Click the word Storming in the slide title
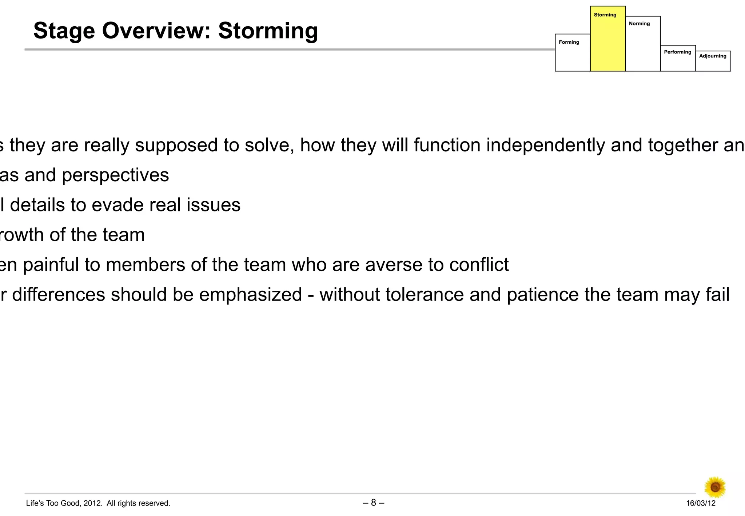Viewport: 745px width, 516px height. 268,31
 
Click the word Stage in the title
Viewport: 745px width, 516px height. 64,31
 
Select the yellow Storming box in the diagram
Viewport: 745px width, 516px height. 607,40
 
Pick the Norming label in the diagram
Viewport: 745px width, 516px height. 639,24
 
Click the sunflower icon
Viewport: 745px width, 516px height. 715,487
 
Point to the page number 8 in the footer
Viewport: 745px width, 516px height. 374,503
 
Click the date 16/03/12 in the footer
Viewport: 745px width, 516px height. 701,503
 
